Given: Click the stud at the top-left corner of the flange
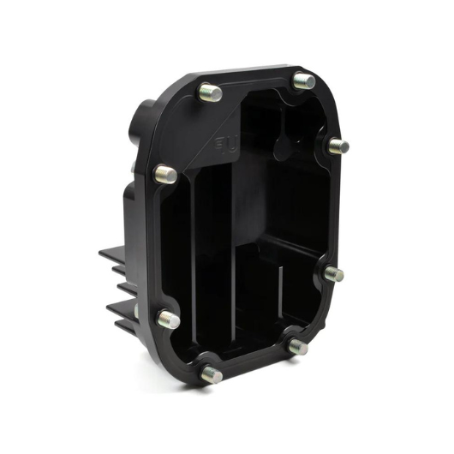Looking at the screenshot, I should [210, 92].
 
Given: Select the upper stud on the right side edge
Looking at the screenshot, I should [338, 146].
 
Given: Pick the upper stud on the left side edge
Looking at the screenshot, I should [166, 174].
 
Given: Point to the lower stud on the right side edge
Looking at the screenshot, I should [334, 273].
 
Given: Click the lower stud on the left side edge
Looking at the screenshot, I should [170, 320].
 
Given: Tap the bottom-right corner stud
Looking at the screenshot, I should [298, 347].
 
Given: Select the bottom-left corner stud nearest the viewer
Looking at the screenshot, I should [212, 374].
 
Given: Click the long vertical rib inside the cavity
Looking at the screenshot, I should [195, 257].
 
